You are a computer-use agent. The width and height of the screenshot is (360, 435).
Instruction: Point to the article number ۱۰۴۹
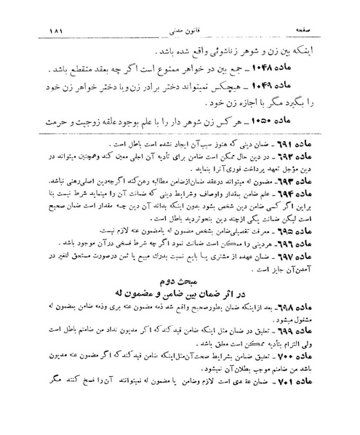coord(295,90)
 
